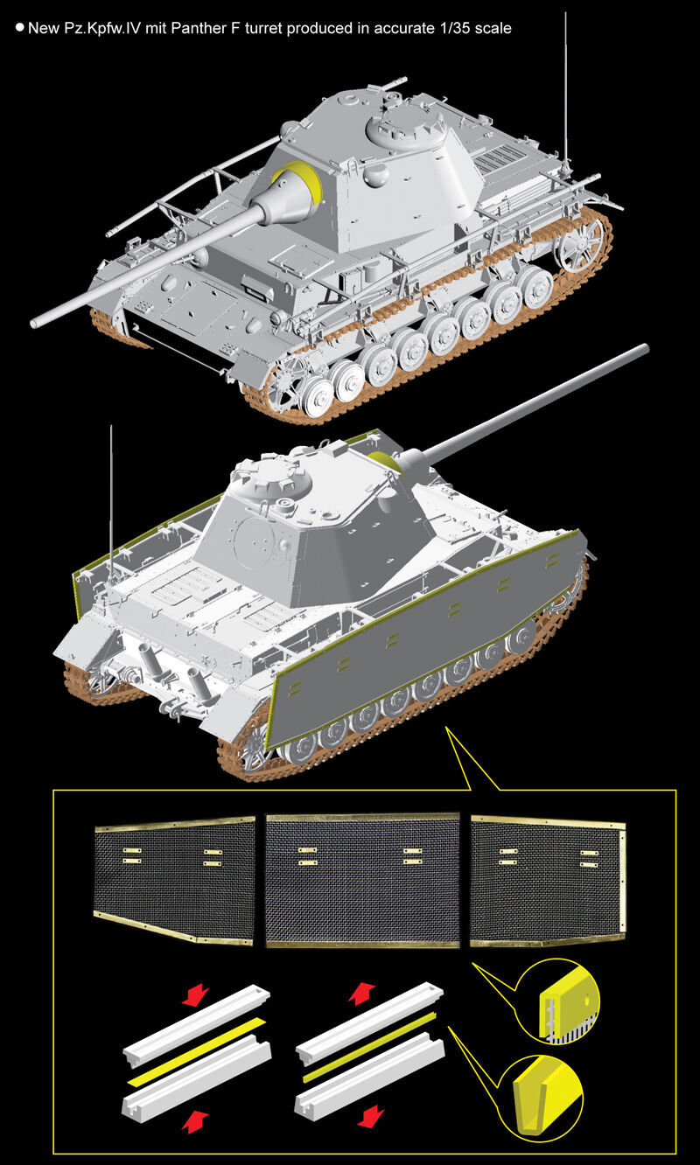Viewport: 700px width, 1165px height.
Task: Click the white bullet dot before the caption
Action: tap(20, 27)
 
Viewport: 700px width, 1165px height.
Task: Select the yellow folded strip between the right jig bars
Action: tap(369, 1046)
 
